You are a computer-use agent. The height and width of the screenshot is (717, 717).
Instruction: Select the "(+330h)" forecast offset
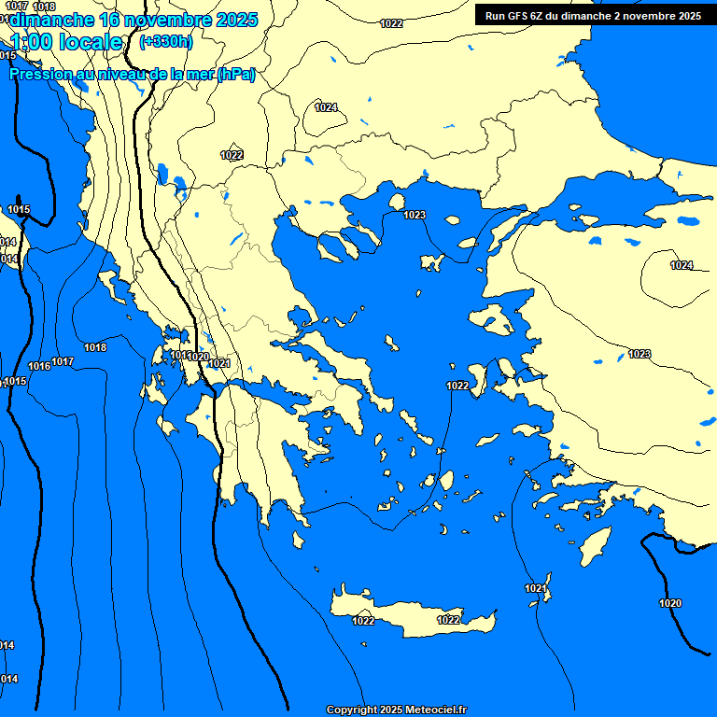point(165,41)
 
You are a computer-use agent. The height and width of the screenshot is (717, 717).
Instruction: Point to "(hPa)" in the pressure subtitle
point(235,75)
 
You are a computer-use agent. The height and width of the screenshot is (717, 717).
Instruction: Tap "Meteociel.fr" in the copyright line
point(435,710)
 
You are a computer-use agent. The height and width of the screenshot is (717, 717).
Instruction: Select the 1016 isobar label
point(39,366)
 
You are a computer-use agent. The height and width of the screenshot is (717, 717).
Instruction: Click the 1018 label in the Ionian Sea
point(95,347)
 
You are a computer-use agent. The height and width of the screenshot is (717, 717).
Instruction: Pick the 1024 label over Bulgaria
point(326,107)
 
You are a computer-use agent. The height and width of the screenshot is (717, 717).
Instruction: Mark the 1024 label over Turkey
point(682,265)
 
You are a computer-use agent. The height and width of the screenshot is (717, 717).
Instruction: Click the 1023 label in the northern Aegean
point(415,215)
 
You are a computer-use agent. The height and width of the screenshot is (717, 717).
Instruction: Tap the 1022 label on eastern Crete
point(448,620)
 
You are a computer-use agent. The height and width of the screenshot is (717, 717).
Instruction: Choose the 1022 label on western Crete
point(363,621)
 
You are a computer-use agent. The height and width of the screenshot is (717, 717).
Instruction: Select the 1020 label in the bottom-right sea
point(670,603)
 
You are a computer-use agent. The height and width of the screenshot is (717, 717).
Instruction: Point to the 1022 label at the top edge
point(392,23)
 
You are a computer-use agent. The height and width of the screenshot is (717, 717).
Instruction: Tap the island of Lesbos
point(493,323)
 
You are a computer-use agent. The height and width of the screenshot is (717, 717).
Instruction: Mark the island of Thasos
point(396,202)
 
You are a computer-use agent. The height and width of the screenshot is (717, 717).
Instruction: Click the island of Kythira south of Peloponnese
point(298,541)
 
